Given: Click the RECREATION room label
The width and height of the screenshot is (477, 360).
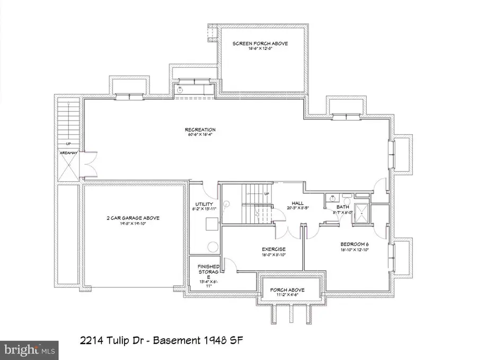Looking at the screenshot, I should click(200, 130).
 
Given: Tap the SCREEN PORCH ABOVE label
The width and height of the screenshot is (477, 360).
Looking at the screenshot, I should click(260, 43).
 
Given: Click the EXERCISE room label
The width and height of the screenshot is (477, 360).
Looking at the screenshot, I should click(274, 249).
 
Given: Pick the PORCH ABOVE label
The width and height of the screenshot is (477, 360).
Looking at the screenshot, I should click(289, 290).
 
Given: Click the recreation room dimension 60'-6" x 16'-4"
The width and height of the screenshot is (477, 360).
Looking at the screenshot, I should click(200, 136).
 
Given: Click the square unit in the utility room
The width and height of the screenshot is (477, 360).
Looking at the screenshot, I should click(211, 225).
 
